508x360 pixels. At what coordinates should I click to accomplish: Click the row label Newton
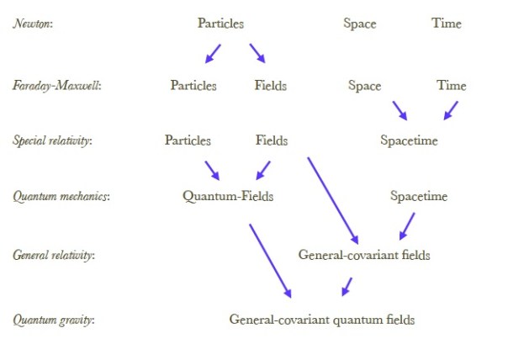tap(31, 24)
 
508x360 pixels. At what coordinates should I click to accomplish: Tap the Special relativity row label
tap(53, 141)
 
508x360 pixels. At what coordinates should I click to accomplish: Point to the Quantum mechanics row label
tap(61, 197)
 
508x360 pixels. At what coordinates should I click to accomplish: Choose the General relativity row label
tap(53, 255)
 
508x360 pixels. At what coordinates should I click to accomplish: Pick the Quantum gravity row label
tap(53, 320)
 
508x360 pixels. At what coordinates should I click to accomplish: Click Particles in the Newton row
tap(220, 24)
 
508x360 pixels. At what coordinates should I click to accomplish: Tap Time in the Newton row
tap(447, 24)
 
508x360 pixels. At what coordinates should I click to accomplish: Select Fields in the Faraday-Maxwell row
tap(270, 86)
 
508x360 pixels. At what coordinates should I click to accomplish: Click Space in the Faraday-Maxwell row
tap(364, 86)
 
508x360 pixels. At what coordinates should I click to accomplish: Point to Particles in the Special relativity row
tap(188, 140)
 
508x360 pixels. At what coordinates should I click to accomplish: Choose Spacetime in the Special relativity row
tap(409, 140)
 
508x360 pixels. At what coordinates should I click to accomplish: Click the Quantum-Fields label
tap(228, 197)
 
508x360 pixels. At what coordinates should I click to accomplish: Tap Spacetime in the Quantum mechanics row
tap(419, 197)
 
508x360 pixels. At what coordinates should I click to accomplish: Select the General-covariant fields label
tap(364, 254)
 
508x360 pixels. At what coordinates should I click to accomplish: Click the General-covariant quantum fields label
tap(322, 320)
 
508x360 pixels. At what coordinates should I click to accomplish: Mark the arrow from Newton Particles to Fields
tap(257, 53)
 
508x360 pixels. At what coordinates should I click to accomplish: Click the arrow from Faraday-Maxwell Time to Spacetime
tap(451, 110)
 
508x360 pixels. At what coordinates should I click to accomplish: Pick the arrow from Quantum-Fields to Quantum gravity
tap(270, 260)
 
